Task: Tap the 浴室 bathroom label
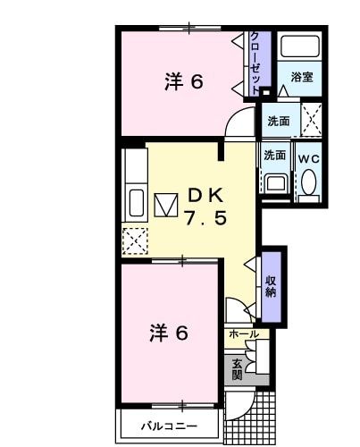(x=301, y=78)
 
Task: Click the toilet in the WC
(x=309, y=182)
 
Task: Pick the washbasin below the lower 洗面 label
(x=275, y=182)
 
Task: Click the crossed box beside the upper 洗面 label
(x=311, y=117)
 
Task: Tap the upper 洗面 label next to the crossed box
(x=277, y=120)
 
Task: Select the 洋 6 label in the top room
(x=184, y=81)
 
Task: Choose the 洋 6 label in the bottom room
(x=168, y=333)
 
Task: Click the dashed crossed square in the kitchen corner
(x=137, y=240)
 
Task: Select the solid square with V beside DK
(x=167, y=205)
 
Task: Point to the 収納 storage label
(x=271, y=284)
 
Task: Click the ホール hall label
(x=243, y=333)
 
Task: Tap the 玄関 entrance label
(x=237, y=368)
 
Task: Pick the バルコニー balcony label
(x=167, y=426)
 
